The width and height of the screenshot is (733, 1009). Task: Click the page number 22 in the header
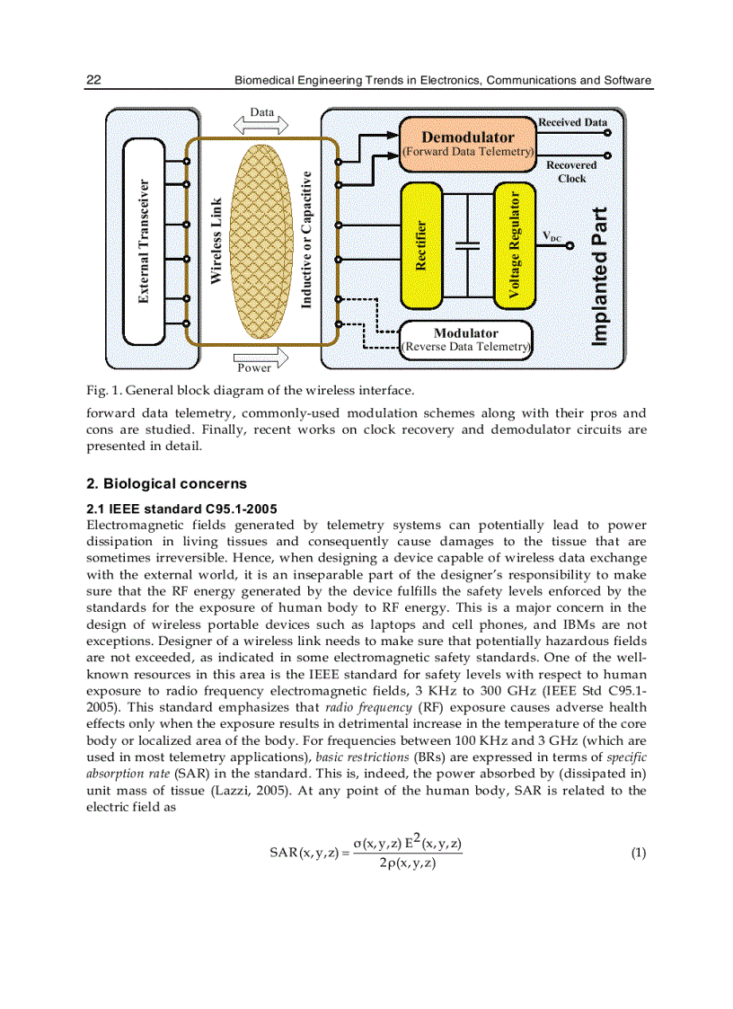pos(93,80)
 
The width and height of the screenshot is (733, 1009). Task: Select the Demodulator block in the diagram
pos(467,143)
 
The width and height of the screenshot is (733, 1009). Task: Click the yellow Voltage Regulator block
pos(514,243)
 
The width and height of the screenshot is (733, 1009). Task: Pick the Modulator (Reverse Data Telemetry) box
pos(466,339)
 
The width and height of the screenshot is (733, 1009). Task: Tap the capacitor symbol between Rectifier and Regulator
pos(467,244)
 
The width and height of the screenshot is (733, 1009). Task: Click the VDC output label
pos(552,237)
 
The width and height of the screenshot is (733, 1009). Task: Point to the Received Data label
pos(572,122)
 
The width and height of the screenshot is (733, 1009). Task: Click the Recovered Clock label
pos(571,172)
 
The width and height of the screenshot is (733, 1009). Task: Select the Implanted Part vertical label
pos(599,276)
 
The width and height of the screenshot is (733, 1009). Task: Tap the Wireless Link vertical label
pos(216,242)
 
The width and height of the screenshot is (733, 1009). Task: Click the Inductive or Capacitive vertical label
pos(306,240)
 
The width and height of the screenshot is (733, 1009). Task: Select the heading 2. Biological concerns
pos(166,483)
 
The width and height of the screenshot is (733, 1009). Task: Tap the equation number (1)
pos(638,853)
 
